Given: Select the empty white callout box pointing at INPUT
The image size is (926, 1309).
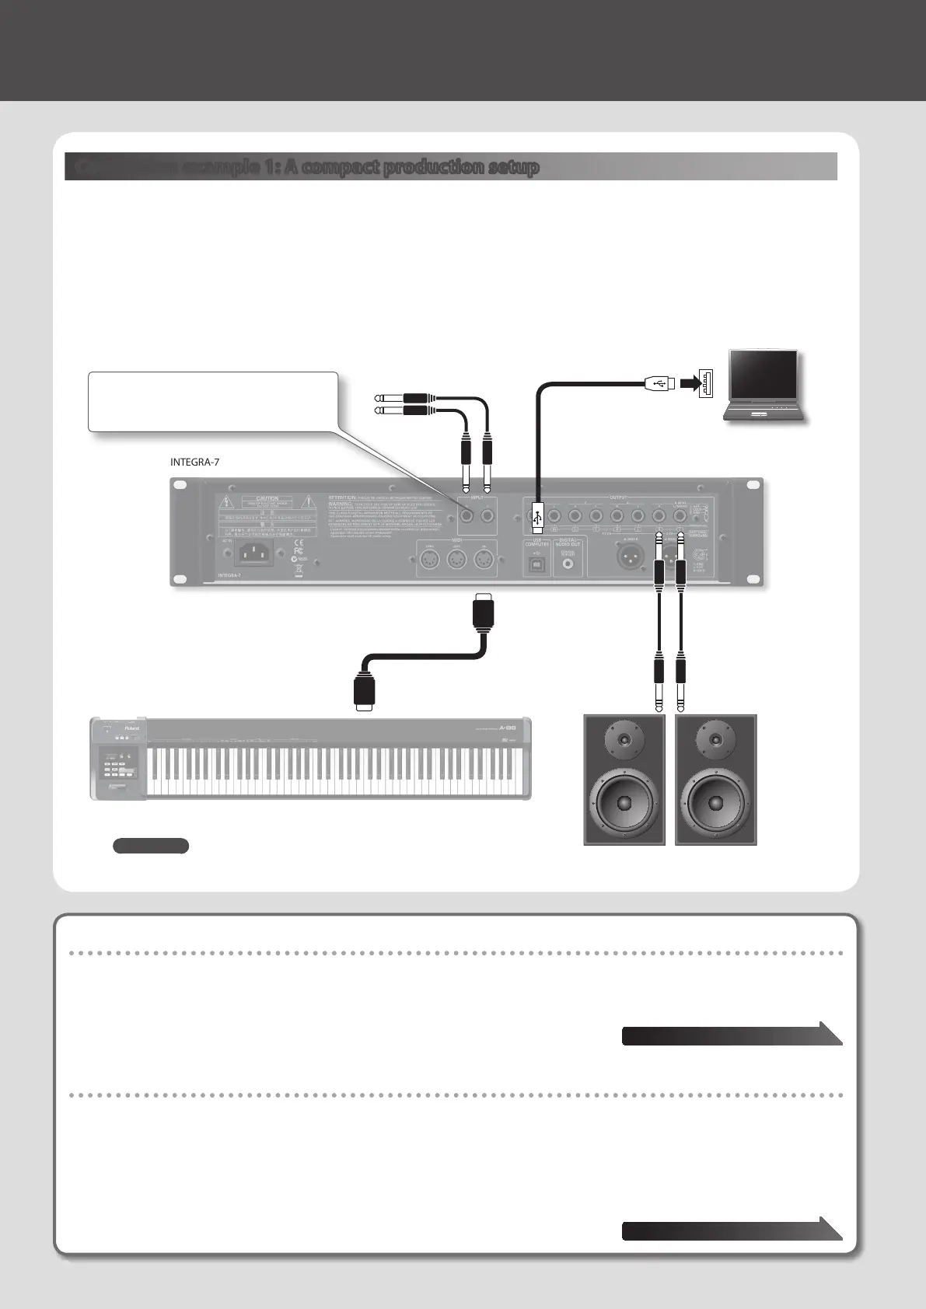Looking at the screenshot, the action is [x=213, y=401].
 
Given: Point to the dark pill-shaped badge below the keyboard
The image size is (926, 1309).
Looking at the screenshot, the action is [x=151, y=846].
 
